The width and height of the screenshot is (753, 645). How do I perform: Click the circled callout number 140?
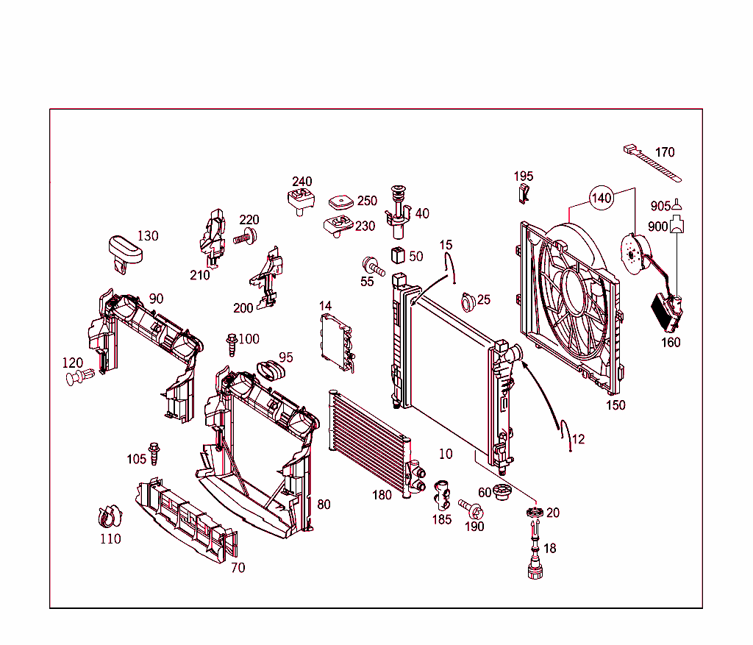[602, 198]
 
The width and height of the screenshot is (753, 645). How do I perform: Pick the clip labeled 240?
[299, 199]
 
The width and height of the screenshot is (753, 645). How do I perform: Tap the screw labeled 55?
[371, 266]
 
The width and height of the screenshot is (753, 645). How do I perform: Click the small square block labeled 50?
[398, 256]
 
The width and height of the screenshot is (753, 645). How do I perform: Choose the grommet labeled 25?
[466, 302]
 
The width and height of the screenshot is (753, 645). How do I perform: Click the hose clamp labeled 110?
[110, 516]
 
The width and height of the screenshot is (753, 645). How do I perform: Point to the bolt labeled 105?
[154, 453]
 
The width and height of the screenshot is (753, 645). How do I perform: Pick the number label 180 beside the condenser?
[382, 495]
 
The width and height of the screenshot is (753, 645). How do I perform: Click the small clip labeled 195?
[522, 193]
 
